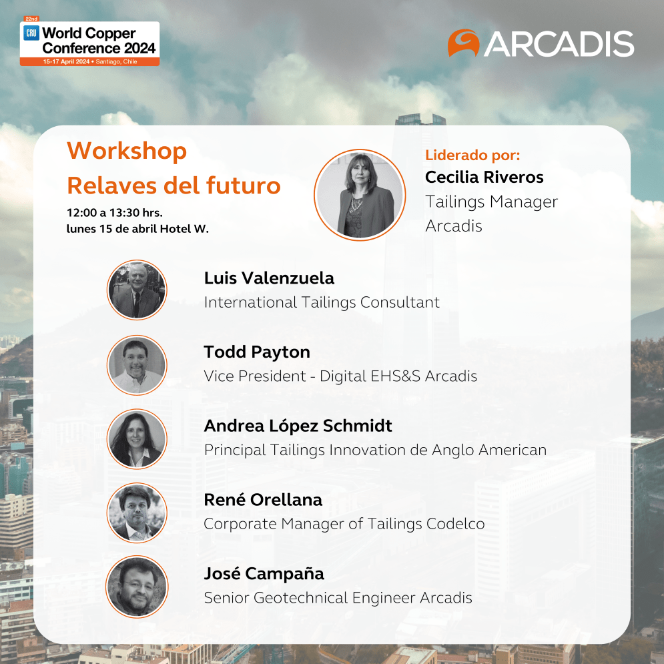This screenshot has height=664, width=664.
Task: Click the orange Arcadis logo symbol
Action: [x=463, y=42]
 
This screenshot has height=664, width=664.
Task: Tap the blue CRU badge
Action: [x=31, y=33]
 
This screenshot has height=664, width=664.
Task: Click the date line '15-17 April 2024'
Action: [x=66, y=62]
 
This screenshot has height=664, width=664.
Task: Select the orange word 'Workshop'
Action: [x=127, y=151]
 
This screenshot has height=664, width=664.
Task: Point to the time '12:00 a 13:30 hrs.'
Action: [x=114, y=213]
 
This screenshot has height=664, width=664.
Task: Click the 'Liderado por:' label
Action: [x=472, y=155]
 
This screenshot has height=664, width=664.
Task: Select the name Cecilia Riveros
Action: [x=484, y=177]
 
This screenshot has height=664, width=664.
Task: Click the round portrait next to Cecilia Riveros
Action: [x=360, y=195]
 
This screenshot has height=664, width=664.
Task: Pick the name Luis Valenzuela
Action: [x=269, y=278]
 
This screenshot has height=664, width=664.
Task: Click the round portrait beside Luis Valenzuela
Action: [x=137, y=290]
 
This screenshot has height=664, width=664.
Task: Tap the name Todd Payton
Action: [x=257, y=352]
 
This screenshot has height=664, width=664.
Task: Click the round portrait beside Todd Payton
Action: [x=137, y=365]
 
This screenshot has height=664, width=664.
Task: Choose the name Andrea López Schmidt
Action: [x=298, y=426]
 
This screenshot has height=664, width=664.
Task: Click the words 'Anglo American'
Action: [x=489, y=450]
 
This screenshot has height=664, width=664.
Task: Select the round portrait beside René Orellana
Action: [x=137, y=513]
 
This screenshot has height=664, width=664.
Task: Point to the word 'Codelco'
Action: [x=455, y=524]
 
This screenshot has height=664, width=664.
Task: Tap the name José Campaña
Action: [x=264, y=574]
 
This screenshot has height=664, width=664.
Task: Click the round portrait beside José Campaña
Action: [x=137, y=587]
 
